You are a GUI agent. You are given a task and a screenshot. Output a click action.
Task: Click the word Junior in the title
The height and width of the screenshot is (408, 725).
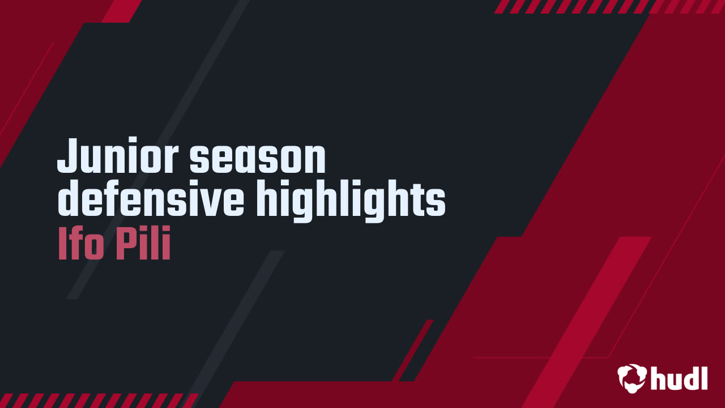click(x=118, y=157)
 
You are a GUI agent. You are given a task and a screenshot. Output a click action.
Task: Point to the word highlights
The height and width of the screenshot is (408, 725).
click(x=351, y=199)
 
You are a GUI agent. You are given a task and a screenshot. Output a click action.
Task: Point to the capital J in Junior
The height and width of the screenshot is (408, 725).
click(x=67, y=157)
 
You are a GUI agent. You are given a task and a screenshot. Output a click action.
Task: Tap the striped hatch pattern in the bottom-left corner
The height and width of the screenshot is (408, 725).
click(x=96, y=400)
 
